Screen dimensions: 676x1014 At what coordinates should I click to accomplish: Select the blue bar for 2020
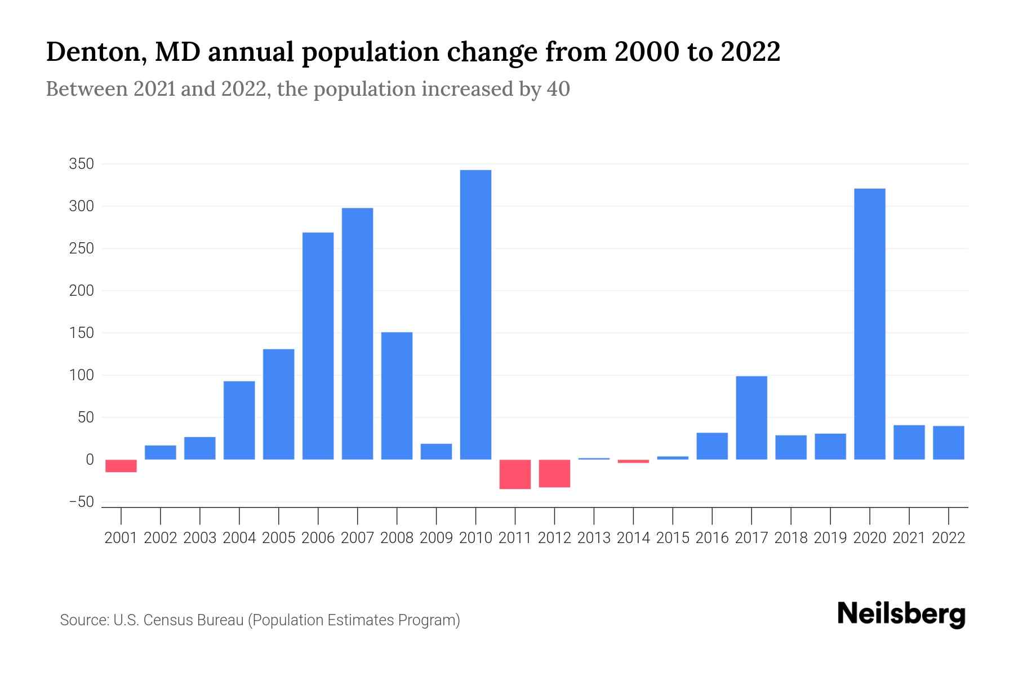(869, 324)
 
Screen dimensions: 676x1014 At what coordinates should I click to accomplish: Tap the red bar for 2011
(515, 474)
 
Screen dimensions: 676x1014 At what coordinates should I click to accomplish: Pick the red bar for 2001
(121, 466)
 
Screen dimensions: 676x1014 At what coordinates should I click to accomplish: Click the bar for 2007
(357, 333)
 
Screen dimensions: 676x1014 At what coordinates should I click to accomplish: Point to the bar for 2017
(751, 417)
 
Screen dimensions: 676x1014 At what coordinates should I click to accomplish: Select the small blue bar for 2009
(436, 452)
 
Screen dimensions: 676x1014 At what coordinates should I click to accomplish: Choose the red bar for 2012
(554, 473)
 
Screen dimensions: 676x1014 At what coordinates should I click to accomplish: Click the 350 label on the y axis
(81, 164)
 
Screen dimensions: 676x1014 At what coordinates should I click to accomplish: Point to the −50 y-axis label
(81, 502)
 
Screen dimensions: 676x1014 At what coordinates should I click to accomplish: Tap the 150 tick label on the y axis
(81, 333)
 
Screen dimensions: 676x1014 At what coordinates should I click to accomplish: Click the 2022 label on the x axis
(948, 538)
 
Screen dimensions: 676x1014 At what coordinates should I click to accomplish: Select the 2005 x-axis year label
(278, 538)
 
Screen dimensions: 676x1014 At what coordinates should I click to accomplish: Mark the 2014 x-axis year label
(633, 538)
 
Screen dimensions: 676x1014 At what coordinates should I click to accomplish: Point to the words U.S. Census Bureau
(178, 620)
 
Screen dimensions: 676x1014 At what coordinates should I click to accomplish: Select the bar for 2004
(239, 420)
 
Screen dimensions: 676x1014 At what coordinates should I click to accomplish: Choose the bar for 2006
(318, 346)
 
